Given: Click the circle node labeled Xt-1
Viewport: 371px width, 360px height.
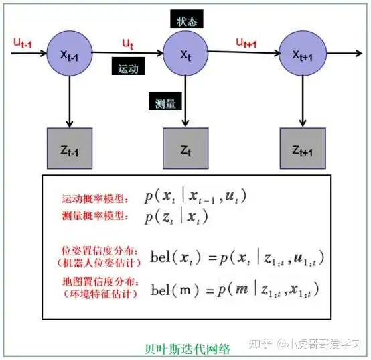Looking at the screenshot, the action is tap(70, 54).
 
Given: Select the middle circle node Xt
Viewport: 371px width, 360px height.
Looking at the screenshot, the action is tap(185, 54).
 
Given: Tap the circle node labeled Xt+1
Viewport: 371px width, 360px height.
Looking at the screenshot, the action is tap(303, 54).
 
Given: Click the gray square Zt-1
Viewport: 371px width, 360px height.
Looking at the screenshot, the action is tap(70, 149).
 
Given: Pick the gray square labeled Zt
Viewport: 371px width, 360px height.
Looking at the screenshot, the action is tap(185, 149).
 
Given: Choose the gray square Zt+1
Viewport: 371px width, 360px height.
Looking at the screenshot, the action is tap(303, 149).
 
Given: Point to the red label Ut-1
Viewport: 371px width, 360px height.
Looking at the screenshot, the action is tap(23, 43).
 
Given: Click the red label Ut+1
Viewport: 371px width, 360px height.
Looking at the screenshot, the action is tap(246, 43).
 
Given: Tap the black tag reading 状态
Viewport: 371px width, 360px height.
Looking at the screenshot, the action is tap(187, 19).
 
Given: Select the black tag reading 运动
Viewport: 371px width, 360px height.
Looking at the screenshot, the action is tap(128, 66).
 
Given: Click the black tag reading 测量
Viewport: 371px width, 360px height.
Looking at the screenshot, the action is tap(165, 101).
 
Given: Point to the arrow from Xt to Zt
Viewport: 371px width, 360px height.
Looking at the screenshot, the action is tap(185, 101).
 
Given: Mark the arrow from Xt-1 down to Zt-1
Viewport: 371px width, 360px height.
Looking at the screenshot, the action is tap(70, 102).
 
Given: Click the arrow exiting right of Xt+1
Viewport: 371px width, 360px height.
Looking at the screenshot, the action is tap(344, 53).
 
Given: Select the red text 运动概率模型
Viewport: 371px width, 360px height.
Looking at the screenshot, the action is tap(95, 198).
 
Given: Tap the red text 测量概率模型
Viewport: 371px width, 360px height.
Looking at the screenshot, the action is tap(95, 216).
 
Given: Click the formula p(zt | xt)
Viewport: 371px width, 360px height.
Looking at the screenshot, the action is tap(176, 217).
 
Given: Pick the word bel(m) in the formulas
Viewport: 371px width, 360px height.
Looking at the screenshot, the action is tap(175, 290).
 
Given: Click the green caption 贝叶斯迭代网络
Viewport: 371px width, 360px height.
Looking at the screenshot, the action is tap(188, 349).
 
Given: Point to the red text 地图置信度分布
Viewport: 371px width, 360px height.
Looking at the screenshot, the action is tap(100, 282).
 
